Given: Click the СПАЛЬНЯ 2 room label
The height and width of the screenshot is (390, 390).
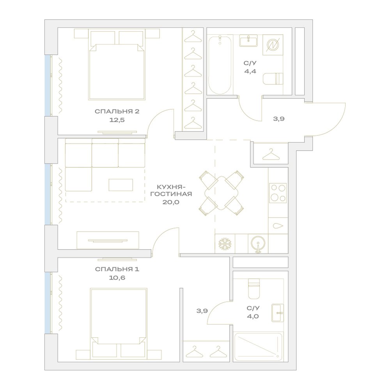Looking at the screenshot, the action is point(117,112).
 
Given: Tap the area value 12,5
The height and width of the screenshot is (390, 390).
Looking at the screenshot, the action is point(117,120).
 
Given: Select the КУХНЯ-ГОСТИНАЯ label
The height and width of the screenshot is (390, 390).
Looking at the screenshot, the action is point(171,190).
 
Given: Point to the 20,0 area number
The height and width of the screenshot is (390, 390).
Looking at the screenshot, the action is point(171,202).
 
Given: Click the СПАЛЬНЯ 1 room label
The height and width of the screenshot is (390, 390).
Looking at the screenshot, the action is point(117,269).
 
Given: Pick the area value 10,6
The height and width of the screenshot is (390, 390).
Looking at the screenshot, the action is point(117,278).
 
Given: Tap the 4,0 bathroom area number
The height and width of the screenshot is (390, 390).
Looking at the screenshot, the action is point(253,316).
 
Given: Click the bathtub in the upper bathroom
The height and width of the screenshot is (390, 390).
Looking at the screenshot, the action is point(220,65).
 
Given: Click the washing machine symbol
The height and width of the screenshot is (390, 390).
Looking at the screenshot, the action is point(273,45).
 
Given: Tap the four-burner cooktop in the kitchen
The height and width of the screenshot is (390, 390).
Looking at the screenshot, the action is point(278,193).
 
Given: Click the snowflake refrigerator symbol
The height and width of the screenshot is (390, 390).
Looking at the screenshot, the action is point(225,244).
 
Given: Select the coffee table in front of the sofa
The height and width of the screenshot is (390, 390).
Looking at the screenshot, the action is point(121,185).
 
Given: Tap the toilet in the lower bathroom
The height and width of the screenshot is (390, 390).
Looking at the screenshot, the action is point(254,289).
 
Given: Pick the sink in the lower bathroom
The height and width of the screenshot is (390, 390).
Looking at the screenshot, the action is point(278,313).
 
